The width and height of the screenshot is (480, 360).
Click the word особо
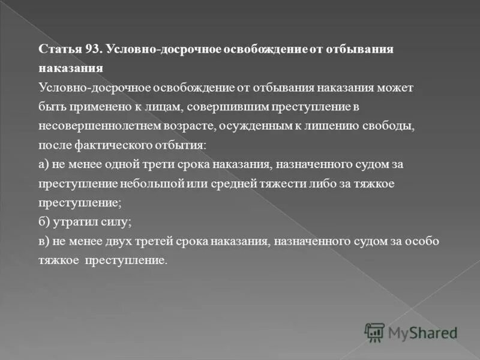click(424, 241)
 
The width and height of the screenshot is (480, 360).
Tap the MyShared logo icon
click(375, 332)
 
